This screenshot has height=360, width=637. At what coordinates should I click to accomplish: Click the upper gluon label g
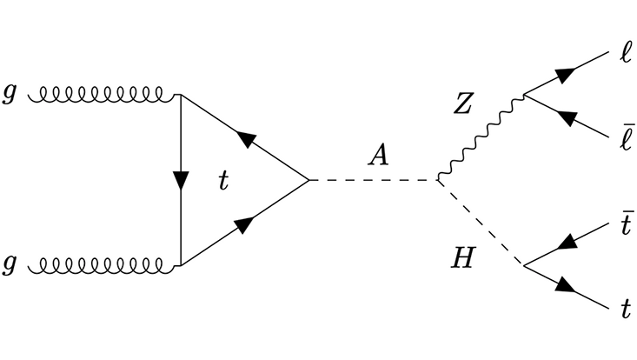tap(10, 94)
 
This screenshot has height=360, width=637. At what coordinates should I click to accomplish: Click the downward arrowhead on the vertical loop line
tap(180, 181)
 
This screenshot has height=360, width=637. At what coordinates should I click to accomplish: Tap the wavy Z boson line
tap(480, 137)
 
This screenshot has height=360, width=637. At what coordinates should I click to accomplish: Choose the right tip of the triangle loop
tap(309, 181)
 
